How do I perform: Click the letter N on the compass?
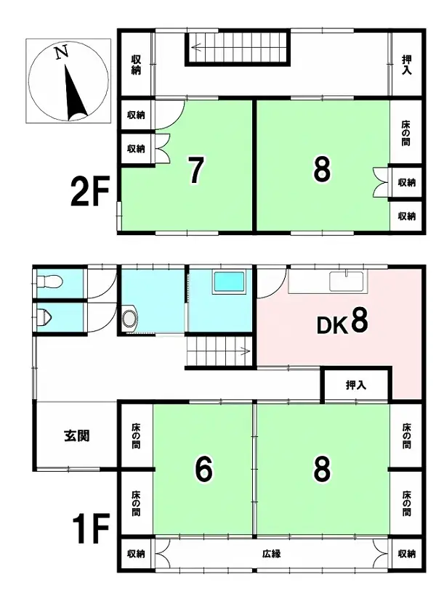pos(62,52)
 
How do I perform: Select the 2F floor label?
pos(89,192)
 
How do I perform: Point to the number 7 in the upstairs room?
pos(194,170)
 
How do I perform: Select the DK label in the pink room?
pos(331,324)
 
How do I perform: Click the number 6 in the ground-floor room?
pos(203,470)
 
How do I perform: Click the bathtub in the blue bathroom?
pos(230,282)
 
